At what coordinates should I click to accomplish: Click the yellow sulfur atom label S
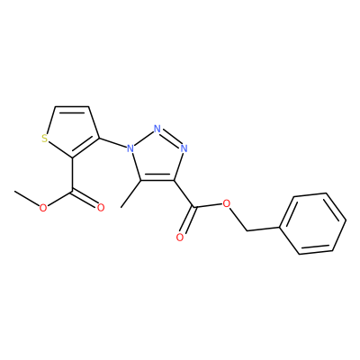click(45, 139)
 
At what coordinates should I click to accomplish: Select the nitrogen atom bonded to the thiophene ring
click(130, 148)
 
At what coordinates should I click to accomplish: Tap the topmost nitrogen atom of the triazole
click(157, 129)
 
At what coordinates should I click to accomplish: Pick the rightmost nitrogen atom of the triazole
click(184, 148)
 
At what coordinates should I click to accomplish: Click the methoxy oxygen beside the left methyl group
click(43, 207)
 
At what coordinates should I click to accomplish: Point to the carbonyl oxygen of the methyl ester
click(101, 207)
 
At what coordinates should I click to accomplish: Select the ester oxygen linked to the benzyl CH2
click(227, 204)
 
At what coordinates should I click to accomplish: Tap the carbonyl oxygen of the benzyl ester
click(180, 238)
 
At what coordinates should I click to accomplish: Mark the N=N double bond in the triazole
click(170, 139)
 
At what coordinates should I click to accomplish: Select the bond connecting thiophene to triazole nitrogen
click(112, 143)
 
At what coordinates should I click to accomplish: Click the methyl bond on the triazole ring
click(130, 194)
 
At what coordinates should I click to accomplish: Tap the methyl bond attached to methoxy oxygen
click(27, 198)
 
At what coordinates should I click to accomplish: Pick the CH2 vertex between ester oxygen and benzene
click(247, 230)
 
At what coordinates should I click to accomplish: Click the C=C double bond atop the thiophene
click(72, 108)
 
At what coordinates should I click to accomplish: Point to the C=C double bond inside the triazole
click(157, 179)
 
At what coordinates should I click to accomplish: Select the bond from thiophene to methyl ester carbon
click(72, 174)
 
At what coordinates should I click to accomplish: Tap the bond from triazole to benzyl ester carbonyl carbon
click(184, 193)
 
